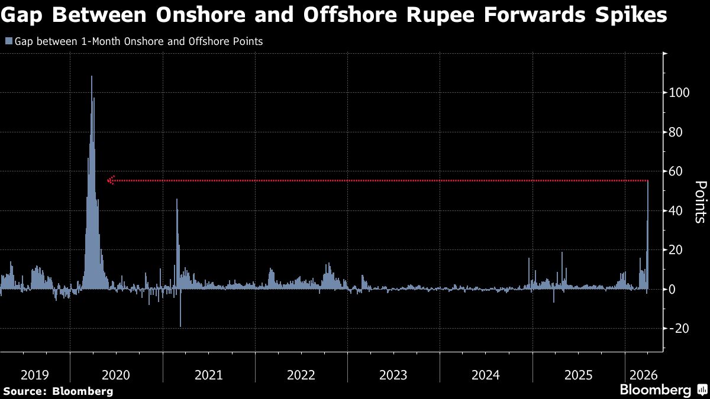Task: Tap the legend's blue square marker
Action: tap(8, 41)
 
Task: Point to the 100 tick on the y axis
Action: tap(679, 93)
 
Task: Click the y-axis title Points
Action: tap(699, 202)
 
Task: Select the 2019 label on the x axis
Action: tap(35, 375)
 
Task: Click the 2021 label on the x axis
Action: tap(208, 375)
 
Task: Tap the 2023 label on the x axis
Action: tap(393, 375)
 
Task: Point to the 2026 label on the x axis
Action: tap(643, 375)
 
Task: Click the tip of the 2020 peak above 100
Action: tap(92, 76)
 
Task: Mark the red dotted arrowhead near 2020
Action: tap(111, 180)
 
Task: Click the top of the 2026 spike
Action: tap(648, 181)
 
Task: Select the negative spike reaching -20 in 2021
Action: tap(180, 325)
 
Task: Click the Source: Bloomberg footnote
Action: tap(58, 391)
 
